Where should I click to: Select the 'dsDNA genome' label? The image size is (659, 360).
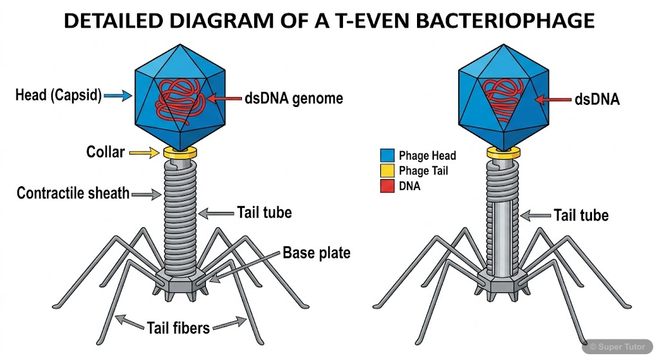(293, 99)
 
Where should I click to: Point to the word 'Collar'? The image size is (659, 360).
(105, 153)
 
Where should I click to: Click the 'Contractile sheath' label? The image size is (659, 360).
(73, 193)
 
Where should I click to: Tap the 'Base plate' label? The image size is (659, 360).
(316, 252)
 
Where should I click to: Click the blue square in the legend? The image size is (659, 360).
(387, 155)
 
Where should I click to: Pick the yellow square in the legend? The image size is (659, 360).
(387, 171)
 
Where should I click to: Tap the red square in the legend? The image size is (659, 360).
(387, 186)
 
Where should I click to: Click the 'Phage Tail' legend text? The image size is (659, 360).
(423, 171)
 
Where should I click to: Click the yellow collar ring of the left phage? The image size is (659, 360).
(180, 153)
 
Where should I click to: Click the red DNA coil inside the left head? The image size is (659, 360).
(180, 100)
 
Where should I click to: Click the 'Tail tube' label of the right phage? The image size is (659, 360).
(581, 214)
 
